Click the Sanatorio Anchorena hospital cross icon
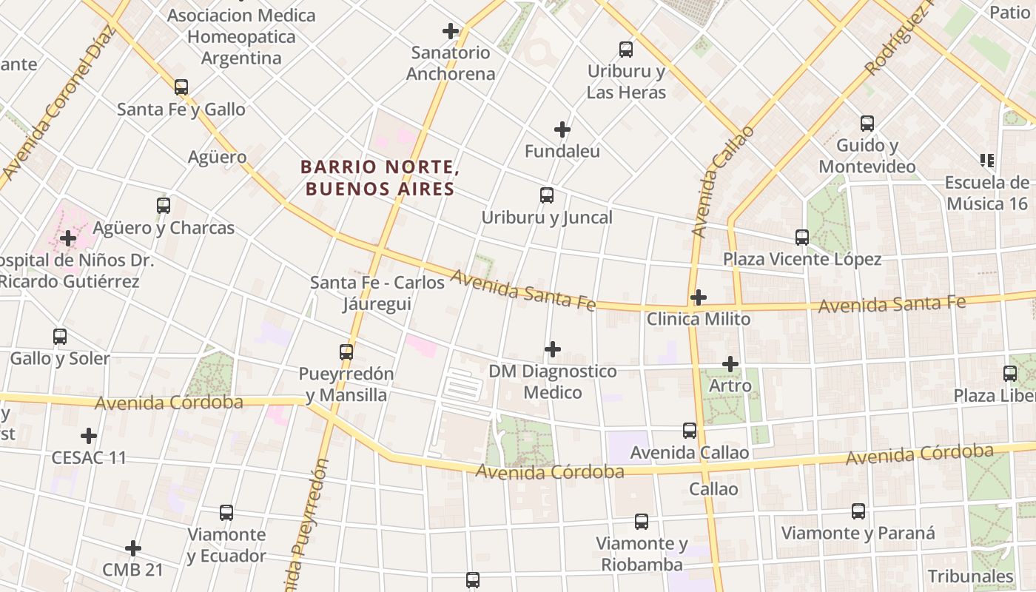click(x=451, y=31)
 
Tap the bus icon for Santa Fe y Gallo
click(x=181, y=87)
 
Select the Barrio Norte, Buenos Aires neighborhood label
click(x=380, y=178)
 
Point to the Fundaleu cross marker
click(x=562, y=129)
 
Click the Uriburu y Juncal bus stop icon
click(x=547, y=195)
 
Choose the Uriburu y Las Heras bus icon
click(x=626, y=50)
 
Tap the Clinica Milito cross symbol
click(x=698, y=297)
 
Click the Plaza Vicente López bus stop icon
click(x=802, y=238)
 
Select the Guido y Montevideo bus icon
click(x=867, y=124)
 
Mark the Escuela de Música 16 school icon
click(x=986, y=161)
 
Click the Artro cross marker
click(x=730, y=364)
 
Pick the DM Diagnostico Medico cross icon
click(x=553, y=349)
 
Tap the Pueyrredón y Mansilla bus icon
click(x=346, y=352)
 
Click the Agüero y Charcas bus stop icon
click(x=164, y=206)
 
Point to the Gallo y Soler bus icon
click(x=60, y=337)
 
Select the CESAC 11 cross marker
click(x=89, y=436)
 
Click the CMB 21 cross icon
click(x=133, y=548)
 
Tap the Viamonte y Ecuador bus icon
click(x=226, y=512)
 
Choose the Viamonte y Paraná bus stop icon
click(x=858, y=511)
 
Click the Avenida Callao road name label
click(x=722, y=181)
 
